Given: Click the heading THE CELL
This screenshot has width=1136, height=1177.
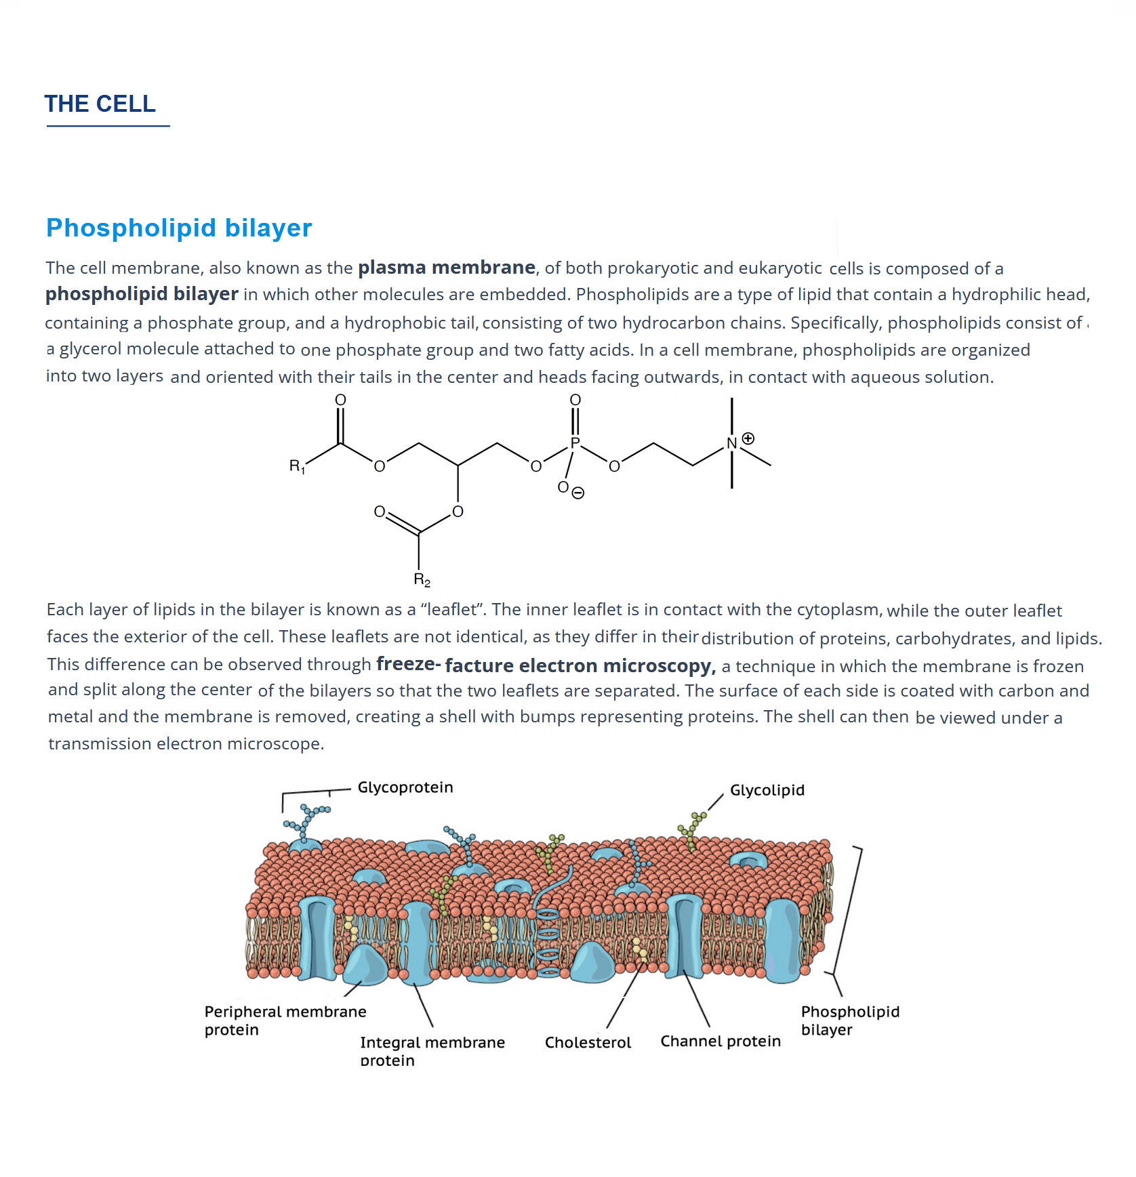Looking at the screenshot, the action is pyautogui.click(x=100, y=104).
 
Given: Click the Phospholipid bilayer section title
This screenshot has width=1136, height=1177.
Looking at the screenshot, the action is pyautogui.click(x=179, y=228).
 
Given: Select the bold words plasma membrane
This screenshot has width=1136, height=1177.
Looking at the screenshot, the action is pyautogui.click(x=447, y=268).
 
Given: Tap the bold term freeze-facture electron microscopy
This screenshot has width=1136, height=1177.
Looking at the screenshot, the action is pyautogui.click(x=546, y=665).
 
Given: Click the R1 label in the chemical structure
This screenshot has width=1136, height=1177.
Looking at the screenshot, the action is pyautogui.click(x=297, y=466).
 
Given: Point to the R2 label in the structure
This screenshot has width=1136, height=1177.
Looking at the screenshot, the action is pyautogui.click(x=422, y=580).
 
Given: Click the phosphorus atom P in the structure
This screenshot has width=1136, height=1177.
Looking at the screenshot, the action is pyautogui.click(x=575, y=443).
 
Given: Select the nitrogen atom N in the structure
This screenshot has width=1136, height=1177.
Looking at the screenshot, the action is pyautogui.click(x=731, y=443).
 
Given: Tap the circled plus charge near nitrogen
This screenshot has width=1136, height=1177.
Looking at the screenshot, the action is pyautogui.click(x=748, y=438).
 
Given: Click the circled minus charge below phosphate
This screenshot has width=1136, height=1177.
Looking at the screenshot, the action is pyautogui.click(x=577, y=493).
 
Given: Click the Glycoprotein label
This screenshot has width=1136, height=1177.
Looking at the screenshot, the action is pyautogui.click(x=405, y=787).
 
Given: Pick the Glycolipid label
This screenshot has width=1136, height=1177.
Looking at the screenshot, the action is pyautogui.click(x=767, y=790).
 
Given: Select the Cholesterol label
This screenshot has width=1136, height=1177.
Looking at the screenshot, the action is pyautogui.click(x=588, y=1042).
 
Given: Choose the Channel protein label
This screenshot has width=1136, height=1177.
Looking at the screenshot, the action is pyautogui.click(x=721, y=1041).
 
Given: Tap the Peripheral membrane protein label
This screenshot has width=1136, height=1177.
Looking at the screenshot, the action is pyautogui.click(x=285, y=1020).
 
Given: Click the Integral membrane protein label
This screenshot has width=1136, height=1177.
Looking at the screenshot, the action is pyautogui.click(x=432, y=1051).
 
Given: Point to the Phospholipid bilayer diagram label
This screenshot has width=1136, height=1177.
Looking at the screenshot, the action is pyautogui.click(x=850, y=1020).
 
